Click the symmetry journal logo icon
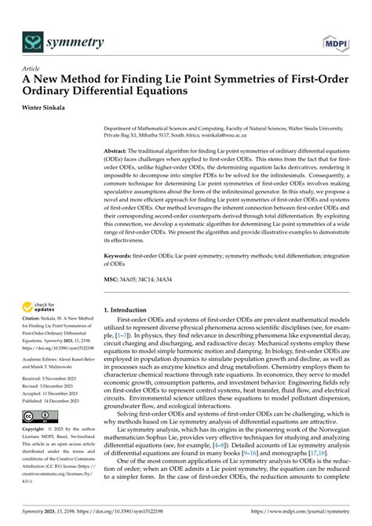coord(31,41)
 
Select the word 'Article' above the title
coord(31,69)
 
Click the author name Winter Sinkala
coord(49,108)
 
